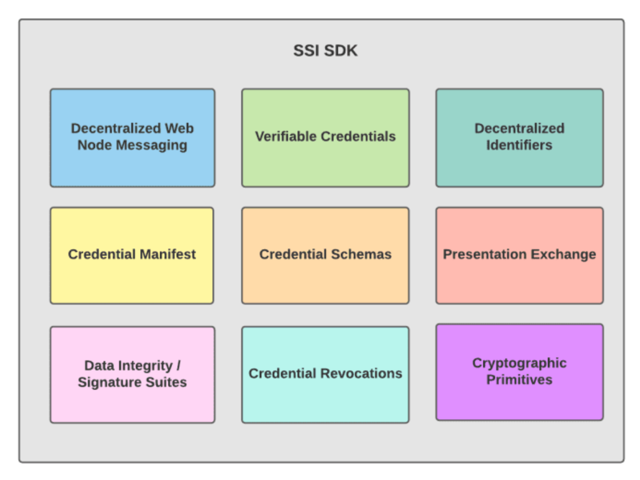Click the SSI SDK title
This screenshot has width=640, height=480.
pos(325,51)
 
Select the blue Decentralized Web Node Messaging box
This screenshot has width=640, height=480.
pos(132,138)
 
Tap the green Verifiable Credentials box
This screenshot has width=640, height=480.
pos(325,138)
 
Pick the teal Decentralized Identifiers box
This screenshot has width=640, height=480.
pos(519,138)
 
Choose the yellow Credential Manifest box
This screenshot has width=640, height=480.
pos(132,255)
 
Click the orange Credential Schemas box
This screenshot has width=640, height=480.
pos(325,255)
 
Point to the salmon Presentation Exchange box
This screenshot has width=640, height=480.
pos(519,255)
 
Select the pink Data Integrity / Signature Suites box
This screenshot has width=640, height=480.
pos(132,375)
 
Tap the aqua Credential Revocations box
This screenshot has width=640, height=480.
pos(325,375)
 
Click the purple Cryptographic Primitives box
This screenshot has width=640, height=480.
pos(519,372)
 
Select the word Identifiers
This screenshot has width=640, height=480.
pos(519,145)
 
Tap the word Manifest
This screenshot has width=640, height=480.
pos(167,254)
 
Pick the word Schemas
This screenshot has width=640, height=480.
pos(361,254)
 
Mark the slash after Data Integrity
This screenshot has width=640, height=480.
pos(178,365)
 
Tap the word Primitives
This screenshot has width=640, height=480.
pos(519,380)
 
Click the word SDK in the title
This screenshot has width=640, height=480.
pos(341,51)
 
